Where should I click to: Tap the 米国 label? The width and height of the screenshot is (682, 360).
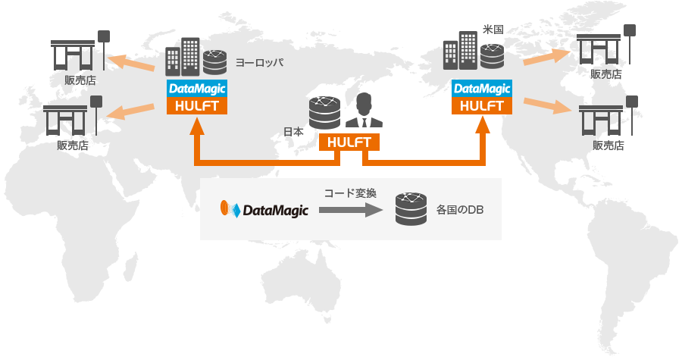(x=493, y=30)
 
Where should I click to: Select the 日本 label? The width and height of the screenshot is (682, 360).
(x=293, y=131)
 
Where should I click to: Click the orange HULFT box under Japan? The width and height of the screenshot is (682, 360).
(x=349, y=142)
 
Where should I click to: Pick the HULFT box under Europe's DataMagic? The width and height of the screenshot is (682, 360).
(x=197, y=105)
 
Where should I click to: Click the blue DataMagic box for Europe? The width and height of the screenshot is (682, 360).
(x=197, y=89)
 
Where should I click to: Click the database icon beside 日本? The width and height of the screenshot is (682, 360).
(x=324, y=114)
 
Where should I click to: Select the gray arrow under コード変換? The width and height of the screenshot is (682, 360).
(x=349, y=210)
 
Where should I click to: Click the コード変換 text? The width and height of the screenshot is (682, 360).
(x=350, y=193)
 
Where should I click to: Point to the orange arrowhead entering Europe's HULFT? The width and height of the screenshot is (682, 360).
(x=197, y=125)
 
